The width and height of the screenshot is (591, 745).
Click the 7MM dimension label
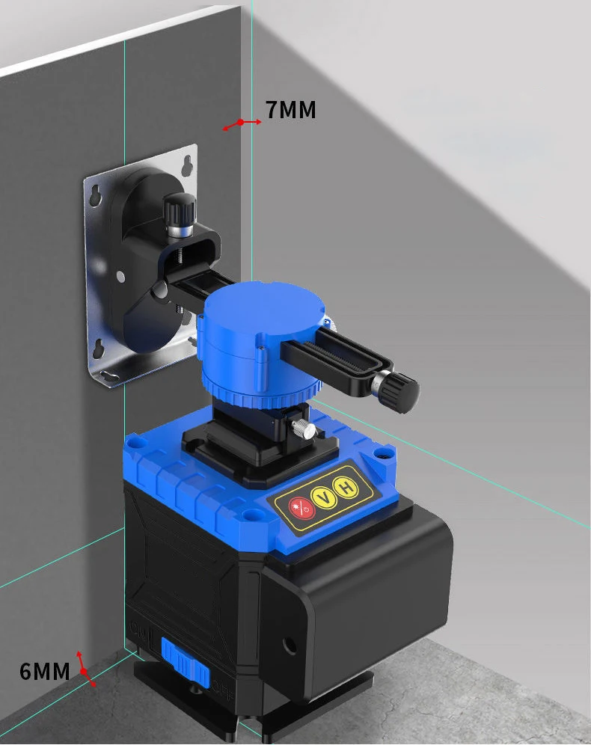tap(291, 110)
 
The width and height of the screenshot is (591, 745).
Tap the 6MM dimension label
tap(45, 671)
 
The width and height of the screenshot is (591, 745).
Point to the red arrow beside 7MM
tap(242, 123)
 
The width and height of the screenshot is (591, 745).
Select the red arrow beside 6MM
tap(85, 668)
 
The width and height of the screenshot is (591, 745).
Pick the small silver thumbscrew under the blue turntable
tap(304, 429)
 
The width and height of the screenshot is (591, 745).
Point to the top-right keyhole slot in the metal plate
tap(188, 161)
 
